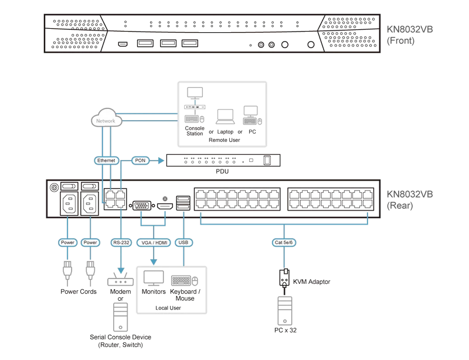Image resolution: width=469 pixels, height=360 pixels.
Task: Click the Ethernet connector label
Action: (106, 161)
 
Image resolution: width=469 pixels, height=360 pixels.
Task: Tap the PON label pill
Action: (140, 161)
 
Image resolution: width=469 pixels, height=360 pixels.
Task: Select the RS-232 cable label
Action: (121, 242)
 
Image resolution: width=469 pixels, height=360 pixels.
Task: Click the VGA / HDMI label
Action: (154, 242)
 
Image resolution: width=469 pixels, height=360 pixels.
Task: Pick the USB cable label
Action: (183, 242)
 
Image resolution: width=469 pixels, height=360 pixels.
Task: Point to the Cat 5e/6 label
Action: (284, 242)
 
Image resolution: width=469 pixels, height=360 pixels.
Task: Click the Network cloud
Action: (106, 118)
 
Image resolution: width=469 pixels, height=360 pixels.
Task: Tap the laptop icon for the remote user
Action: (225, 117)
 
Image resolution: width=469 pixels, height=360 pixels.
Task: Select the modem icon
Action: (121, 279)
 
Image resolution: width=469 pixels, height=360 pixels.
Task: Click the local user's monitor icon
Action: (154, 279)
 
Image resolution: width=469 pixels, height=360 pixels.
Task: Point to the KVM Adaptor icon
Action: (284, 278)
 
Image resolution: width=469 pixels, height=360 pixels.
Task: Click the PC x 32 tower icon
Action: (285, 311)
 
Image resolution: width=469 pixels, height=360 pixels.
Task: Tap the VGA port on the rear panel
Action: (141, 206)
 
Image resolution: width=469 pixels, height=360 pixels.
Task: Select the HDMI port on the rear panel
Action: (165, 206)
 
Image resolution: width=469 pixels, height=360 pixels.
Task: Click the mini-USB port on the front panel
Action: (123, 45)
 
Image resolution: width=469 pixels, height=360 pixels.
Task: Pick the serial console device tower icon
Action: (121, 317)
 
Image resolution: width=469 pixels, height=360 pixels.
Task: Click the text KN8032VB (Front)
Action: (409, 35)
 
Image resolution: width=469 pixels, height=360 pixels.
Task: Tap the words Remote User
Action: (225, 140)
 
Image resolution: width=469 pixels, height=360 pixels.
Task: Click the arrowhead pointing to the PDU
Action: (161, 161)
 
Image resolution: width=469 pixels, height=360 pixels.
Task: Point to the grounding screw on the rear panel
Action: (54, 188)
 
